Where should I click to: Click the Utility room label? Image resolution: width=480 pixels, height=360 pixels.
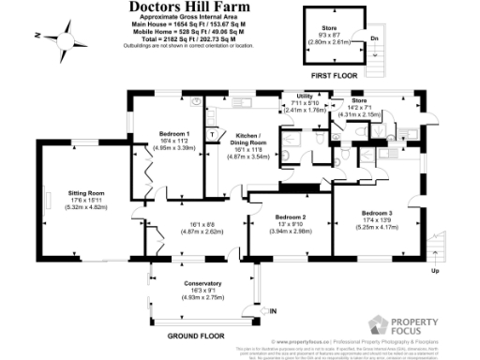point(304,97)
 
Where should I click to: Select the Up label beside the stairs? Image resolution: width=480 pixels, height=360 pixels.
point(434,271)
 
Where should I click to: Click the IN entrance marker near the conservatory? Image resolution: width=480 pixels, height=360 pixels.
point(273,311)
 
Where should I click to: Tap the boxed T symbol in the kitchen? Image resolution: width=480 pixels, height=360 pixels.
point(214,133)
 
